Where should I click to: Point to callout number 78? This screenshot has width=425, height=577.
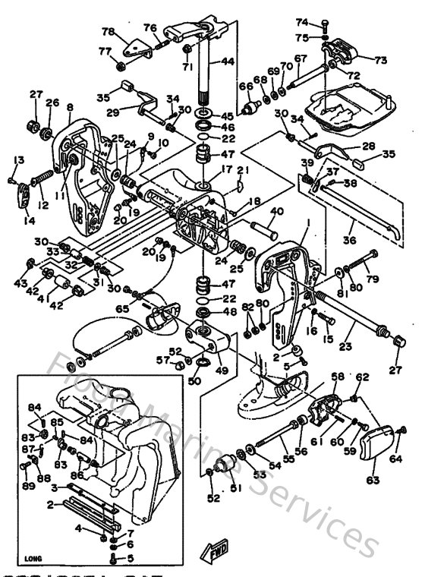pos(108,32)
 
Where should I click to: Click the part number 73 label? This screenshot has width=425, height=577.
pos(380,59)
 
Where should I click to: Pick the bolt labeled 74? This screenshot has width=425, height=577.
pos(324,25)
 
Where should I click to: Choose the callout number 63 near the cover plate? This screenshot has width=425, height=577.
pos(373,480)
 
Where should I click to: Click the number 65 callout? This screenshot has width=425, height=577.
pos(122,308)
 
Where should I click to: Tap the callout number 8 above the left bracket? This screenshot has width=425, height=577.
pos(70,108)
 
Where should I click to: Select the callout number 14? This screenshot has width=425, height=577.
pos(29,220)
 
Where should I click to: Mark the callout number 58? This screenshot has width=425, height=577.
pos(338,376)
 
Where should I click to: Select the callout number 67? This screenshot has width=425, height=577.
pos(301,58)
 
